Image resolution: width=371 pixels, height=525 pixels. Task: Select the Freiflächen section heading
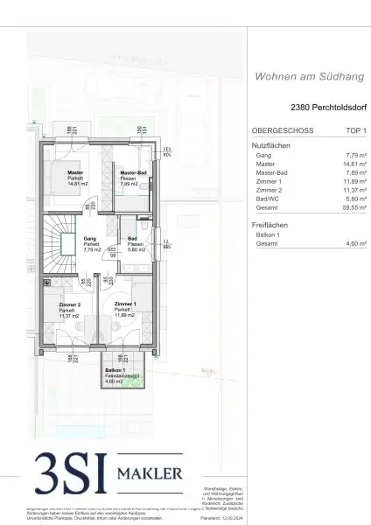pos(268,225)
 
